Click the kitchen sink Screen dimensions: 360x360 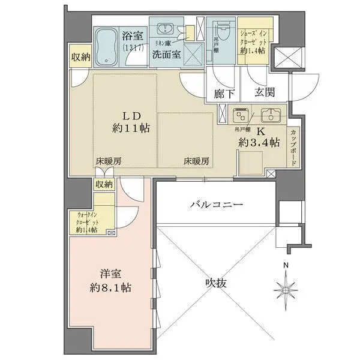(270, 115)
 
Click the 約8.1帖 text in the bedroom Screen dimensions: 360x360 (110, 288)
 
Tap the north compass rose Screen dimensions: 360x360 (286, 286)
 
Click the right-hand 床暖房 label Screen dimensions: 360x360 (196, 161)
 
